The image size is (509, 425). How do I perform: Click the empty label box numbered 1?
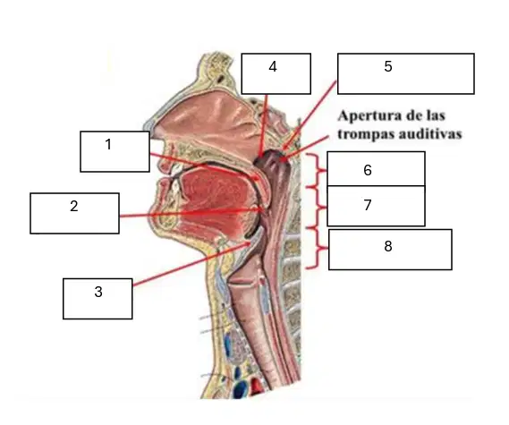115,151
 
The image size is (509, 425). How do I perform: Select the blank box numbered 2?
74,213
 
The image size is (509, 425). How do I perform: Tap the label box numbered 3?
98,299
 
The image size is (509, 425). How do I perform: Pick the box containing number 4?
276,73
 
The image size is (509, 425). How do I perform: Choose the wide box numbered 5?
406,73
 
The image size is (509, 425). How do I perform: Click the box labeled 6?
376,169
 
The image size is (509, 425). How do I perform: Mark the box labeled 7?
376,206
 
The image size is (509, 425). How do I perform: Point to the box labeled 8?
390,250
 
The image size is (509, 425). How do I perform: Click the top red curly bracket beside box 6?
317,171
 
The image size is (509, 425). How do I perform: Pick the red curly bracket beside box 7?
317,208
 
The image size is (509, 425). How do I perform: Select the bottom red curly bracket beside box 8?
317,249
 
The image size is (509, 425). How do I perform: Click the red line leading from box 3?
191,264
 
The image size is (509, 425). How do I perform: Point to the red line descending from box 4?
264,126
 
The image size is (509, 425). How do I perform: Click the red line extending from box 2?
191,213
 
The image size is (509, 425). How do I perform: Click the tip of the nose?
148,125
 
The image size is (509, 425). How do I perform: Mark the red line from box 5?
310,115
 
